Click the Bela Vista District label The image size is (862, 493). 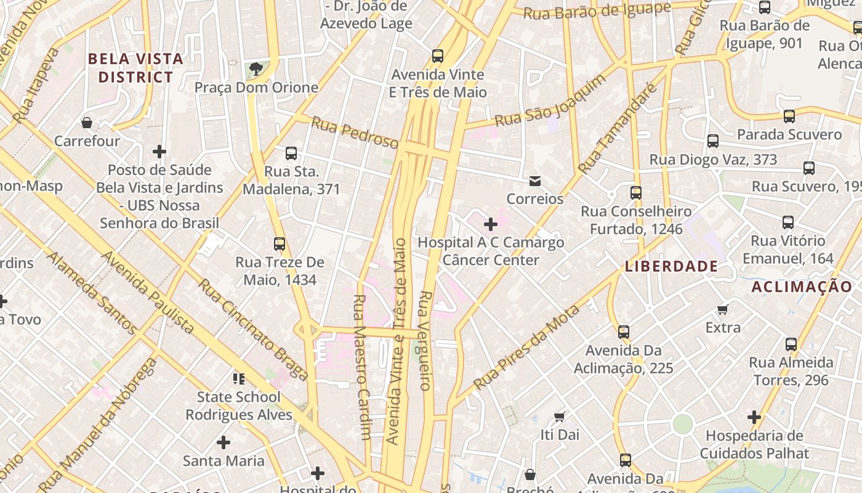[x=135, y=68]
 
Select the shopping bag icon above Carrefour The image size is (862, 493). [x=87, y=123]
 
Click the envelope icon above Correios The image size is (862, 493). [x=535, y=181]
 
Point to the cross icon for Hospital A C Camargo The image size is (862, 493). [x=491, y=224]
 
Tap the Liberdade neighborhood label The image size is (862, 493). [x=671, y=266]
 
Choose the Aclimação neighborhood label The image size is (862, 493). [x=802, y=286]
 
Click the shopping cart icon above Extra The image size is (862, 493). [x=723, y=309]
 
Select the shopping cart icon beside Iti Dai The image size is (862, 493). [x=560, y=417]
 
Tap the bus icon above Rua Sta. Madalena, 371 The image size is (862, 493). [x=291, y=153]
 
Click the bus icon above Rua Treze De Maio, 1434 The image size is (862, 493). [x=280, y=244]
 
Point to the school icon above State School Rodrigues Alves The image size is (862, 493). [x=238, y=378]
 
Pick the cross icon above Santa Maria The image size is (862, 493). [x=224, y=442]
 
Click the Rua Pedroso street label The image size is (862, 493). [x=355, y=132]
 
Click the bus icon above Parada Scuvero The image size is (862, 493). [x=789, y=116]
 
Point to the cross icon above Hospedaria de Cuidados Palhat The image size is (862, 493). [x=754, y=417]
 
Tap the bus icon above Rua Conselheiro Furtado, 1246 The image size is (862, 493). [x=636, y=193]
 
